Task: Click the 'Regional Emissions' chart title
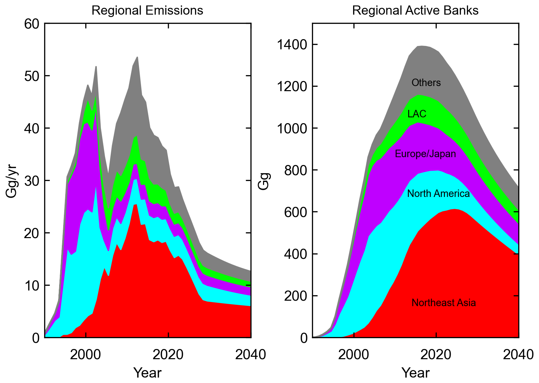point(147,11)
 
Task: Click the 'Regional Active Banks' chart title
point(415,11)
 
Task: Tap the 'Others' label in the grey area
point(426,83)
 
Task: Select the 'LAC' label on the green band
point(417,114)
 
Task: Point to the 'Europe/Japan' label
point(425,154)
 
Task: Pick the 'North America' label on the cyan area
point(438,194)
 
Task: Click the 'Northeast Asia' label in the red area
point(444,303)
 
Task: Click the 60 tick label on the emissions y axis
point(32,24)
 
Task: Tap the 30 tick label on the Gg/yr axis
point(32,181)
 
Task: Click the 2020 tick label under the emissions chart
point(168,355)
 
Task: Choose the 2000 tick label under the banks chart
point(354,355)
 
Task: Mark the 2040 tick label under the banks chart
point(518,355)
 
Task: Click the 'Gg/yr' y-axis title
point(12,181)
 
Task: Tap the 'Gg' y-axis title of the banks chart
point(264,181)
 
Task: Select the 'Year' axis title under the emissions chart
point(147,373)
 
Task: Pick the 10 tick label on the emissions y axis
point(32,285)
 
